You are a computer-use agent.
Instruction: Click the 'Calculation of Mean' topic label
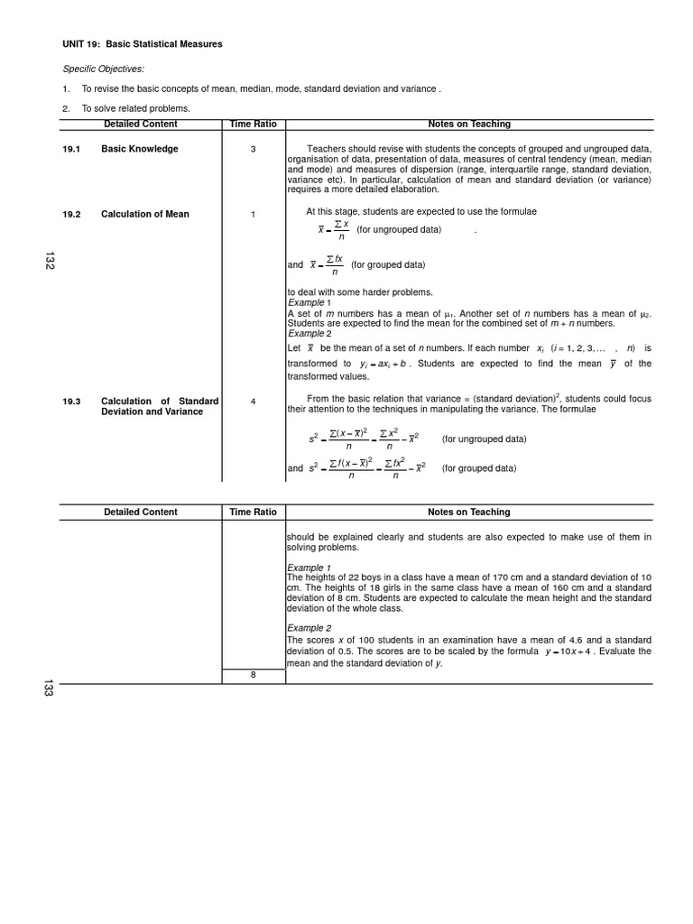[144, 214]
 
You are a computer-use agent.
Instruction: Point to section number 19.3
[71, 401]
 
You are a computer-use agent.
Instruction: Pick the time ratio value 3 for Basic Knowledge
[253, 149]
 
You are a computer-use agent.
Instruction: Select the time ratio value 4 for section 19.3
[253, 401]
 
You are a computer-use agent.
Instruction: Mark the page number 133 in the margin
[49, 689]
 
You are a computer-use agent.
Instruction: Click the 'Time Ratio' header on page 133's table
[253, 512]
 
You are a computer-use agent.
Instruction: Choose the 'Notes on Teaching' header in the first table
[468, 124]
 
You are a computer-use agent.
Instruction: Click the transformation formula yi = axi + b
[385, 364]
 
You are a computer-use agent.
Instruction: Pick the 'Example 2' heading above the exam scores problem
[309, 628]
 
